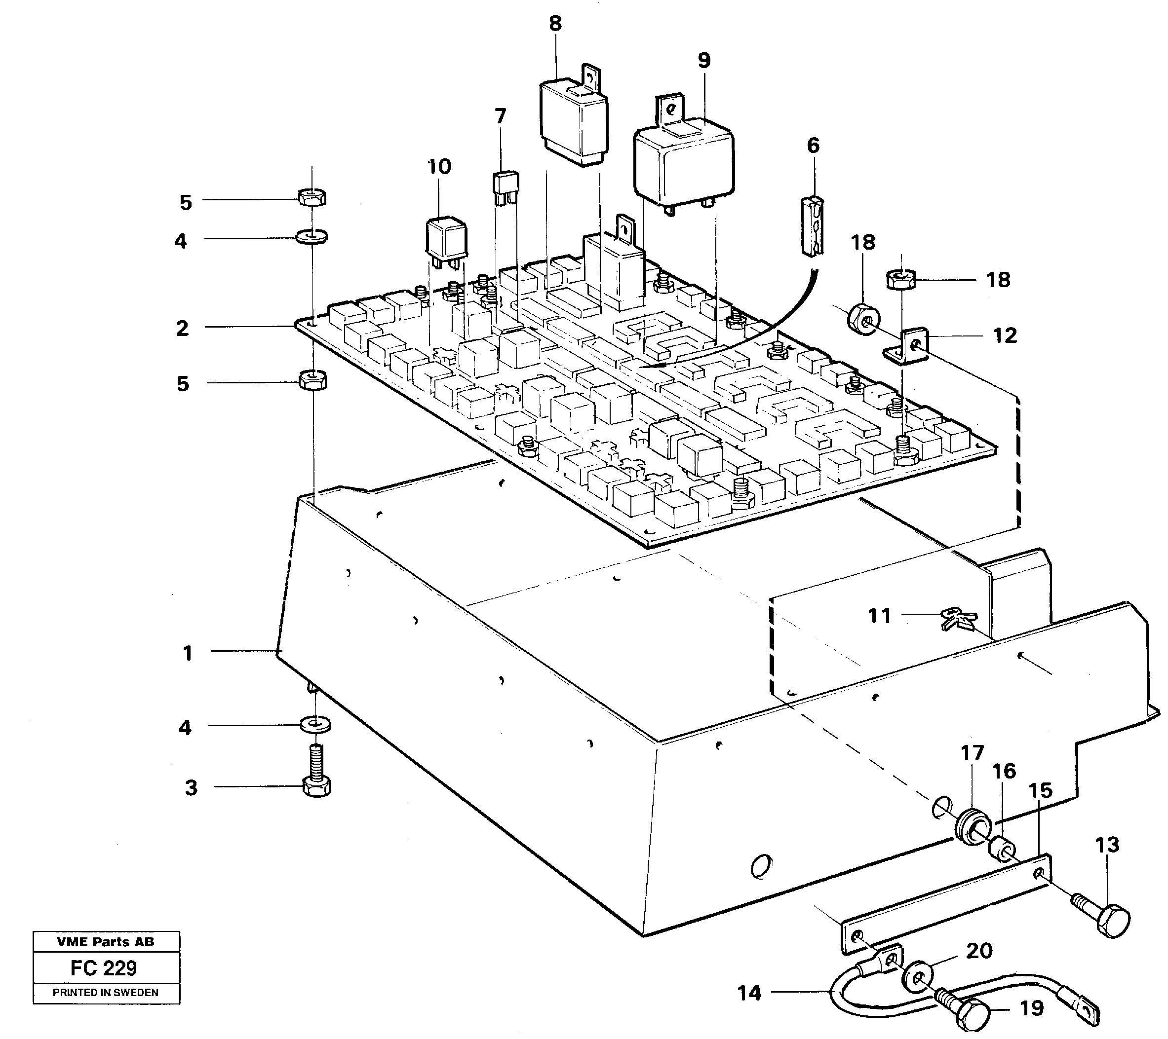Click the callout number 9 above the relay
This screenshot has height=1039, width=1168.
[x=704, y=61]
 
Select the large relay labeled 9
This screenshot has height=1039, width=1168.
[x=684, y=166]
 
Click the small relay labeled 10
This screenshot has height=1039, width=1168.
[x=447, y=237]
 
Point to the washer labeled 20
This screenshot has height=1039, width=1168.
[x=917, y=981]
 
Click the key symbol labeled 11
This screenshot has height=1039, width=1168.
[x=958, y=619]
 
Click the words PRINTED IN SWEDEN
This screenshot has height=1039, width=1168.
[x=106, y=993]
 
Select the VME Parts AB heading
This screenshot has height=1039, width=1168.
[x=106, y=942]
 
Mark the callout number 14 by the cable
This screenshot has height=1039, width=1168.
[x=749, y=993]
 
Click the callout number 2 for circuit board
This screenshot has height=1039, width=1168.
[x=182, y=329]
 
